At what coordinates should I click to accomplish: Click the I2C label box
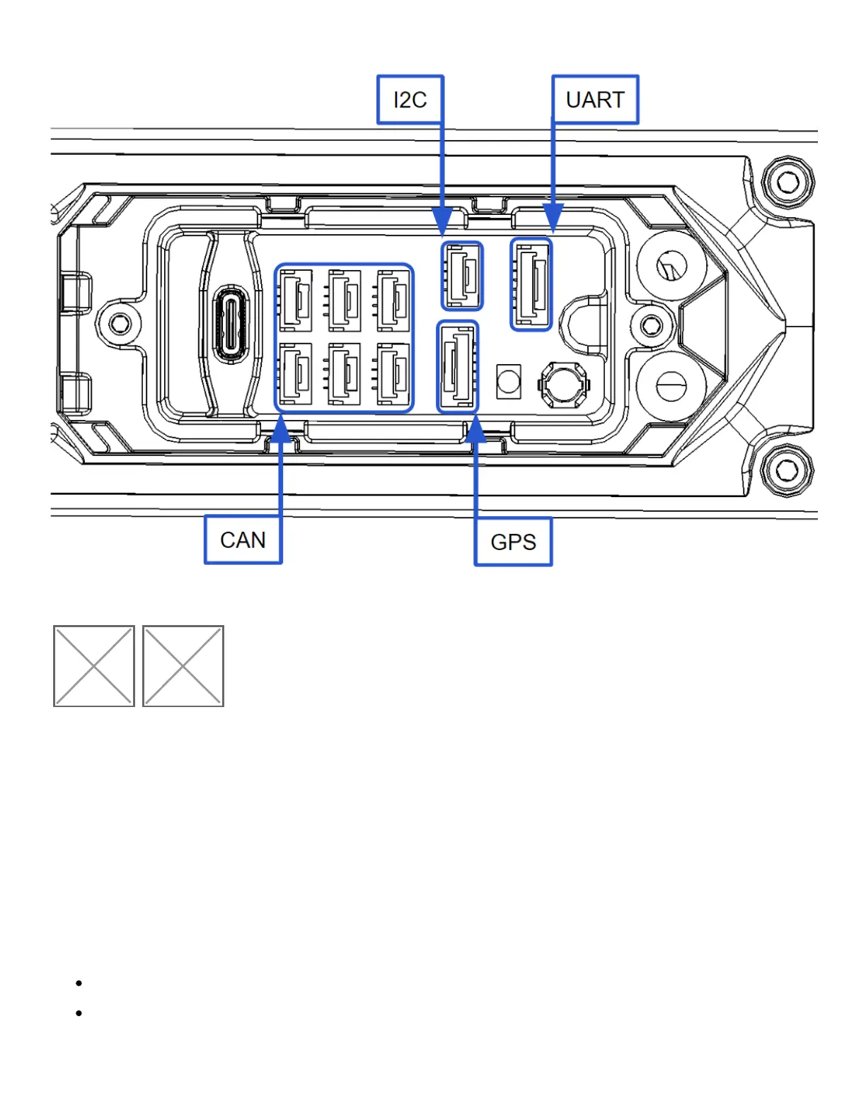410,100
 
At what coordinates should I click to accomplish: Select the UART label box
595,100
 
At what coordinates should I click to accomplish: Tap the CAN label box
243,539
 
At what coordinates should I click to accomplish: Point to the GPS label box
513,542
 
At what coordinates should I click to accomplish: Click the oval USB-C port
230,325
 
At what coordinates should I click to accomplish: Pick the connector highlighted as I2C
463,276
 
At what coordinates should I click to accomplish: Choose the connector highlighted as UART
531,284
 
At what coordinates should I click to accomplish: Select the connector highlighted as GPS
458,366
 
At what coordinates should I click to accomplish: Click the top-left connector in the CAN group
296,301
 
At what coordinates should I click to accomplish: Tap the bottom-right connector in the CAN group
393,373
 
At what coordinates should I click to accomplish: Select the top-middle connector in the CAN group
345,301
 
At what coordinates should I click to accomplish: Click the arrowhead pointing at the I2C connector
442,222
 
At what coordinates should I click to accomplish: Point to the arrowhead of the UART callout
553,218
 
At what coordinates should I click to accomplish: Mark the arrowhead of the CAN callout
281,429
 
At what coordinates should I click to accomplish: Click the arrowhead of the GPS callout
476,429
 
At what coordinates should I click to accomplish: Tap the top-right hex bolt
787,182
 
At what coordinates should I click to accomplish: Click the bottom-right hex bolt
787,469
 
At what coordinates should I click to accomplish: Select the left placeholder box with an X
94,665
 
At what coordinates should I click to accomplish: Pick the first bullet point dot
79,983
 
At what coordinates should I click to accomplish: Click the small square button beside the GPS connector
509,382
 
